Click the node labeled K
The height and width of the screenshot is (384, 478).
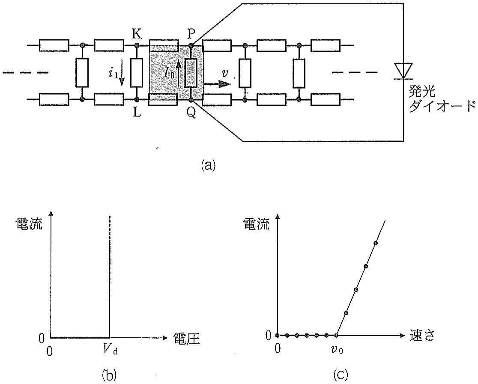point(137,45)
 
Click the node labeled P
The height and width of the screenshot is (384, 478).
point(191,45)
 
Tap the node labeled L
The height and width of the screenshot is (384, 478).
point(137,99)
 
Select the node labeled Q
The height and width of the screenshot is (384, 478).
point(191,99)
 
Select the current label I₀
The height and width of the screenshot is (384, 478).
point(170,74)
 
